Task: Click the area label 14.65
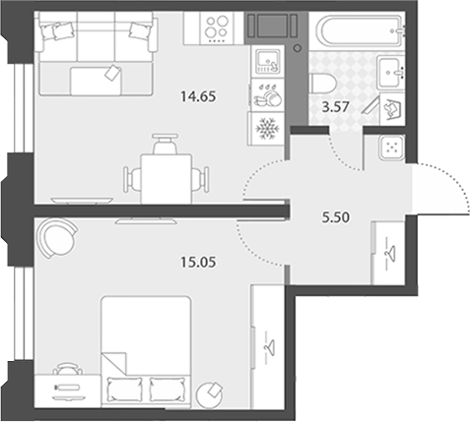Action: pos(198,96)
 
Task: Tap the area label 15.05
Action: pos(198,262)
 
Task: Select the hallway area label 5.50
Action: pos(336,217)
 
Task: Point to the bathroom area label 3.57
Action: pos(335,107)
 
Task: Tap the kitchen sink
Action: pos(267,61)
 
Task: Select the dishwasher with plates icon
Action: pos(267,95)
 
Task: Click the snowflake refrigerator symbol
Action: pos(267,129)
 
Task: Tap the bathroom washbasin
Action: pos(390,72)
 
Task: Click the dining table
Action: pos(167,179)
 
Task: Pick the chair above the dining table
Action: pos(166,144)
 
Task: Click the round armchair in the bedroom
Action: pos(57,238)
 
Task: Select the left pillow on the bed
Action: pos(124,389)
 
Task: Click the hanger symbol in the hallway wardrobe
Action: pos(390,253)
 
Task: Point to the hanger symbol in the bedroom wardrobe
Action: pos(270,347)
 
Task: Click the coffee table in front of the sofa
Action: pos(96,81)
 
